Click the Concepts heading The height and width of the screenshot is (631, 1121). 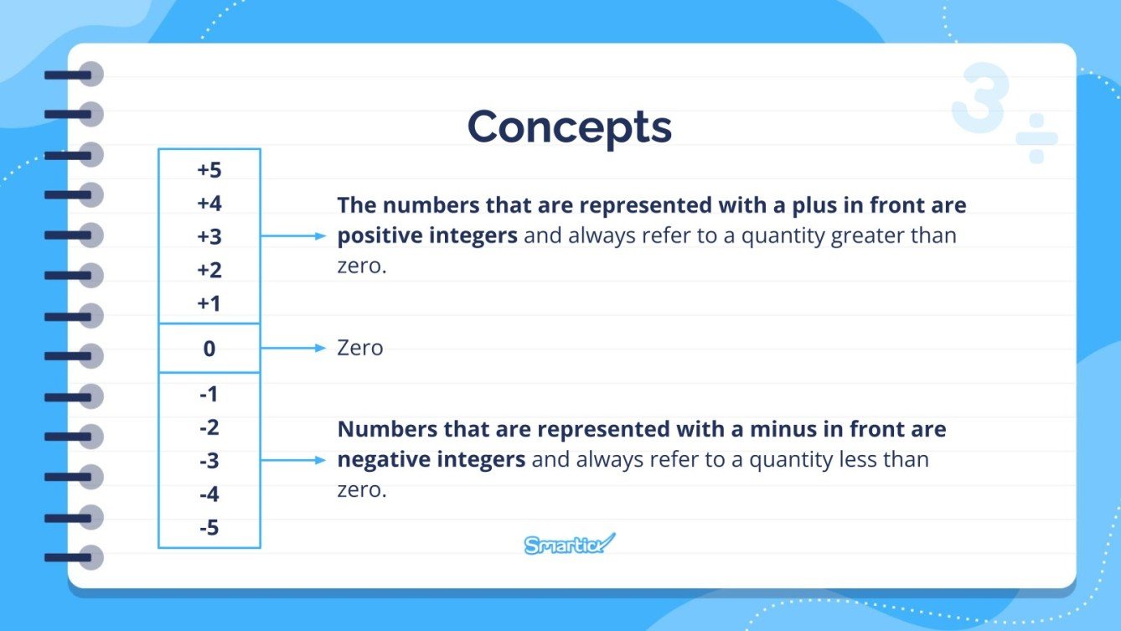(x=569, y=127)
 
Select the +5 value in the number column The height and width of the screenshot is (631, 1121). (x=209, y=170)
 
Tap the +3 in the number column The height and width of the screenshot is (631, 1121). (x=209, y=237)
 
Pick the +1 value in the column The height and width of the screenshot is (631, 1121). (x=209, y=303)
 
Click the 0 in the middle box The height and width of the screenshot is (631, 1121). (x=209, y=349)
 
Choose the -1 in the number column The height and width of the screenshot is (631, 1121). (x=209, y=394)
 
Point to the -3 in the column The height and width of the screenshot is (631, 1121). (x=209, y=461)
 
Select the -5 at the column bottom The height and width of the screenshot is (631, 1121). (x=209, y=528)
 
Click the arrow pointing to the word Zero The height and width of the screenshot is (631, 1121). (x=292, y=348)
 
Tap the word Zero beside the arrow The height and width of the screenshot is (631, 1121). (x=360, y=348)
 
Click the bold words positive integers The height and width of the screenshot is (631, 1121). (x=427, y=236)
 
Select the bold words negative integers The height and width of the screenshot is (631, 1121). (x=431, y=459)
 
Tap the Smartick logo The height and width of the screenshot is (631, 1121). (x=569, y=545)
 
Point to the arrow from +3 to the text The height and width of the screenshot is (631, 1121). (x=292, y=236)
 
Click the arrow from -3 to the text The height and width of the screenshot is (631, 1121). (x=292, y=459)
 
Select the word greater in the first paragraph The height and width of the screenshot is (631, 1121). (x=869, y=236)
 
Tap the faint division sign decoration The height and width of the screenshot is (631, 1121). (x=1036, y=139)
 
